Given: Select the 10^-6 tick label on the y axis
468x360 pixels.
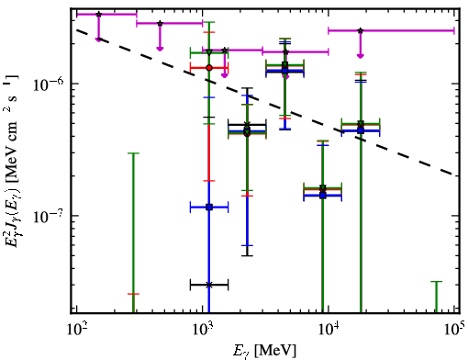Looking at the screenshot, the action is [x=49, y=84].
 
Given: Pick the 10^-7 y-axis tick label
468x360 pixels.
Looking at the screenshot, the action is [x=49, y=216].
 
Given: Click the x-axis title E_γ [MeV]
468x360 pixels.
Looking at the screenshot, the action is [x=264, y=351].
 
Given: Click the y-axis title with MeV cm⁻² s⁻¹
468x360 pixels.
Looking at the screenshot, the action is [x=11, y=161].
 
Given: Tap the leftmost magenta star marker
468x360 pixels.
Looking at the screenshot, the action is [x=98, y=15].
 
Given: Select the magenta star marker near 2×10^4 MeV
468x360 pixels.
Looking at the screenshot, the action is [x=361, y=30].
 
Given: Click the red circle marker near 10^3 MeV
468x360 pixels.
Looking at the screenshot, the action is [x=209, y=68].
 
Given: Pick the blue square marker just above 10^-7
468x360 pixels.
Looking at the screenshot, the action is [x=209, y=208].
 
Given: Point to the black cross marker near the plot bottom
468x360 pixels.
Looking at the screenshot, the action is [x=209, y=285].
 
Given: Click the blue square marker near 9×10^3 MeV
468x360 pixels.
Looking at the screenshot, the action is [x=323, y=196].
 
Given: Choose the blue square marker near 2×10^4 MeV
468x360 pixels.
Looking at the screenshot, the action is [x=361, y=130].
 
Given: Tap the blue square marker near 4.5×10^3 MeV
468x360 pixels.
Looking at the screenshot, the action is [x=285, y=71].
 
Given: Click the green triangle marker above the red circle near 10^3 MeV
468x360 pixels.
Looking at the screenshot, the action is [x=209, y=52].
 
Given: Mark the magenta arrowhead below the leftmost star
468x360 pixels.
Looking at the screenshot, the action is [x=98, y=39].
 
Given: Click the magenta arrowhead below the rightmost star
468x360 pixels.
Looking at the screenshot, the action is [x=361, y=56].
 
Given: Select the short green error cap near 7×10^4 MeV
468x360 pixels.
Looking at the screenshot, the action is [x=437, y=281].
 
